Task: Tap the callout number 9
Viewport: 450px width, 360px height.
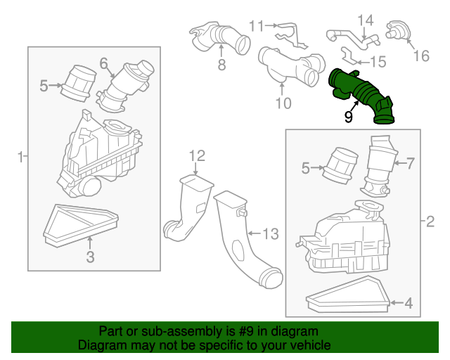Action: pyautogui.click(x=348, y=117)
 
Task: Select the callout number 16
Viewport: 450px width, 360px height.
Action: pyautogui.click(x=421, y=56)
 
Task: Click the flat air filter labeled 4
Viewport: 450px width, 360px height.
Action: pyautogui.click(x=348, y=295)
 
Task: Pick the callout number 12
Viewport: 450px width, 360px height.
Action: pyautogui.click(x=197, y=156)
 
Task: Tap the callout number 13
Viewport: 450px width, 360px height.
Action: pyautogui.click(x=270, y=233)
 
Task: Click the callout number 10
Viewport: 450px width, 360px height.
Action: pyautogui.click(x=283, y=103)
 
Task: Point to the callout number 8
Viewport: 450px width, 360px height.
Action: pyautogui.click(x=221, y=65)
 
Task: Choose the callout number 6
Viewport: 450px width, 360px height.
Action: pyautogui.click(x=103, y=63)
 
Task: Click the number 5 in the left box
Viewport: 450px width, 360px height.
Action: pyautogui.click(x=44, y=86)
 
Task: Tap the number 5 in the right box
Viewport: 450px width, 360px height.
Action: pyautogui.click(x=306, y=168)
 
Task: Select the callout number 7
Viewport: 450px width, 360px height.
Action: pyautogui.click(x=411, y=163)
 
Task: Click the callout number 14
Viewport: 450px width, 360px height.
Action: pyautogui.click(x=366, y=20)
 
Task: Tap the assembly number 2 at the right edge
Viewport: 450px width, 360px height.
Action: pyautogui.click(x=430, y=221)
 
